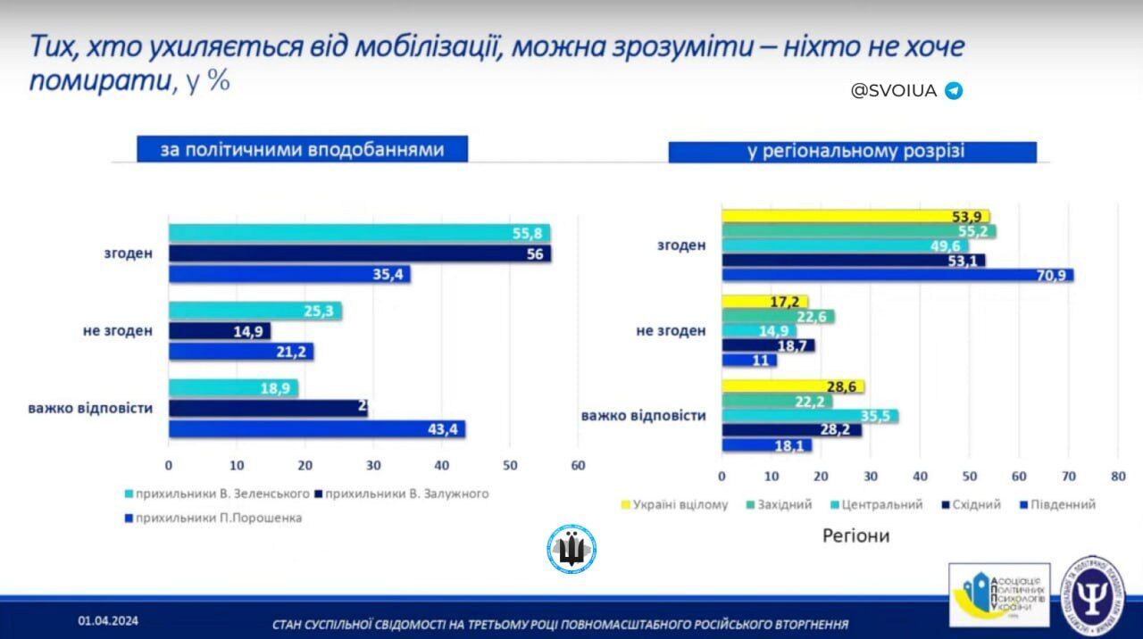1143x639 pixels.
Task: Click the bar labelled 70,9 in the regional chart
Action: (897, 276)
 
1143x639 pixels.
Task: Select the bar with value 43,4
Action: (317, 429)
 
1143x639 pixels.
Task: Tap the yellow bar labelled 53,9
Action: (855, 217)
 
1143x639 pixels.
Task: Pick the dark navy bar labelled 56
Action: (359, 253)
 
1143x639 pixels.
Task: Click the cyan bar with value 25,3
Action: (254, 311)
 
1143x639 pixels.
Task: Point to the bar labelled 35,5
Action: (809, 416)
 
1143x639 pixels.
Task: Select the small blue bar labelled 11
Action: (748, 361)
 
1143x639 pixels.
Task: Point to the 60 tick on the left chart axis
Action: (578, 465)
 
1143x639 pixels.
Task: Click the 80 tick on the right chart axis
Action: (1116, 477)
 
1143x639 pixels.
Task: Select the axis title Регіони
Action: (855, 536)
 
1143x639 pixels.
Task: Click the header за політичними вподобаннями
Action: (302, 149)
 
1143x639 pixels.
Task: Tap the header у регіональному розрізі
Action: (852, 152)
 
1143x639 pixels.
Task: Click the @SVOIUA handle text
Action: (893, 91)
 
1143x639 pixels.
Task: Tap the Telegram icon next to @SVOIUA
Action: (954, 91)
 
